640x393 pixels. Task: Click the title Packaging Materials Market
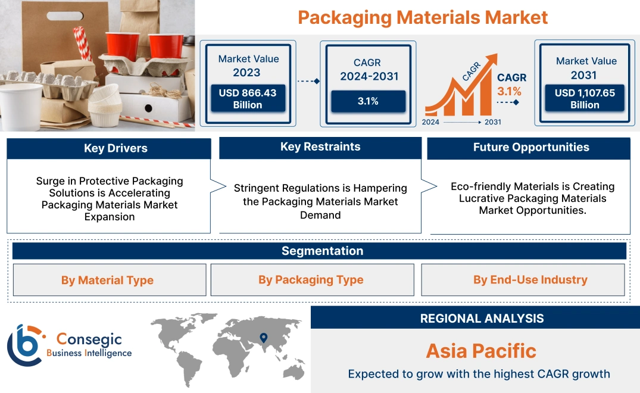point(422,17)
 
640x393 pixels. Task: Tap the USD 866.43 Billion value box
point(247,99)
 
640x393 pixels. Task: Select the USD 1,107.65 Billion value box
point(585,99)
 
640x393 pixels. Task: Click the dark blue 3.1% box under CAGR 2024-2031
point(368,101)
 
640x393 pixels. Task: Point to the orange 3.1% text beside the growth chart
point(509,91)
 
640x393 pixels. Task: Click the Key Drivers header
point(108,148)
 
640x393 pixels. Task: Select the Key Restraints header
point(320,147)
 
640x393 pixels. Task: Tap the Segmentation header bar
point(322,251)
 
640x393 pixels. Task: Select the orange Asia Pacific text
point(481,351)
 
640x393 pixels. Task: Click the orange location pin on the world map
point(263,338)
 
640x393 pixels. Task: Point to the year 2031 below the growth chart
point(492,122)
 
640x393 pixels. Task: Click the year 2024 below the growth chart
point(431,122)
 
